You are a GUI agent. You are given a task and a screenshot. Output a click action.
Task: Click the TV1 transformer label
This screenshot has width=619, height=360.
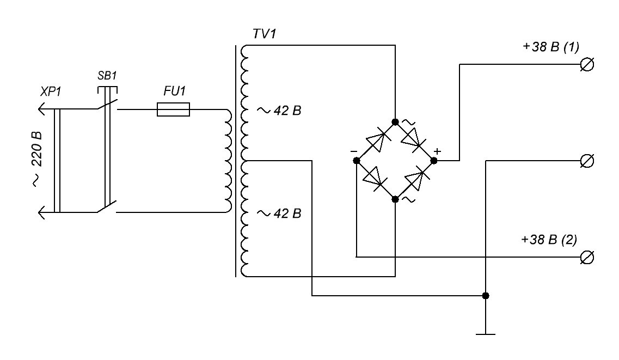tap(265, 34)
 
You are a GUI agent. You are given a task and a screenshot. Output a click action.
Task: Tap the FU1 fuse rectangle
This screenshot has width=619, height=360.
tap(173, 109)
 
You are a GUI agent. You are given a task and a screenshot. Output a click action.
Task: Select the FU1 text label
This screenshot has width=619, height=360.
tap(175, 91)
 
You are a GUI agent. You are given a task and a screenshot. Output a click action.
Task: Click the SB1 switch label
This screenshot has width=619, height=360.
tap(107, 75)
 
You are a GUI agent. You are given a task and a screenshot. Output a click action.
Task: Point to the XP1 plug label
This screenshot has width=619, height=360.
tap(51, 91)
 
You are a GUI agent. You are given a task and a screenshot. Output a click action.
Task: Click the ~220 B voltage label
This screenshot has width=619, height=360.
tap(36, 158)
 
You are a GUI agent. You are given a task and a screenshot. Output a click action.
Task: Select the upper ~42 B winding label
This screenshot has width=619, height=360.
tap(279, 111)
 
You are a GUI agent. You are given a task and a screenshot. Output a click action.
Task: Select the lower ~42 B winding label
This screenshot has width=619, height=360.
tap(279, 213)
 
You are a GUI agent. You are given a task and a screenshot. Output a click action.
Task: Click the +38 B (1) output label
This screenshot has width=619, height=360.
tap(551, 47)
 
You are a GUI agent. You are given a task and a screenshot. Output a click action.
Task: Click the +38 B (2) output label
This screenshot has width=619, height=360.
tap(549, 240)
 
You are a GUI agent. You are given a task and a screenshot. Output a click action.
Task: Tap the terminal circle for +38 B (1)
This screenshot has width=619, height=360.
tap(587, 64)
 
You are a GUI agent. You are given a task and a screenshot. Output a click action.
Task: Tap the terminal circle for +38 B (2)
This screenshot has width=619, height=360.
tap(587, 258)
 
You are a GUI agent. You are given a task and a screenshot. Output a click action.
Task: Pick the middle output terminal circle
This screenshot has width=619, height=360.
tap(587, 161)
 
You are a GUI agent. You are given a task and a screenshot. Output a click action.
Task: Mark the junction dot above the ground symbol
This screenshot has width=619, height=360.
tap(486, 296)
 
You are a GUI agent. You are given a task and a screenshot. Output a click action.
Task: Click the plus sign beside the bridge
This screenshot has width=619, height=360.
tap(437, 151)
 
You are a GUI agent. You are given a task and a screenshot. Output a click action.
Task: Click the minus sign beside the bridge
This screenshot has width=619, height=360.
tap(354, 151)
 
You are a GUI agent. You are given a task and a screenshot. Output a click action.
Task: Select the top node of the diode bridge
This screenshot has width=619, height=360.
tap(395, 122)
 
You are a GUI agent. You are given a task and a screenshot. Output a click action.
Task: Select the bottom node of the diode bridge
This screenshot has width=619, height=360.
tap(395, 199)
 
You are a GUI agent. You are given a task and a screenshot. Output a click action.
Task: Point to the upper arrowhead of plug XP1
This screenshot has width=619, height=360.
tap(42, 109)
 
